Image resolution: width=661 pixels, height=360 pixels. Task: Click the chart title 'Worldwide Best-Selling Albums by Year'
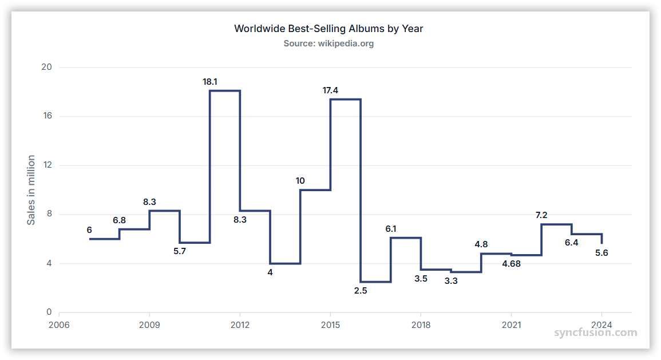tap(328, 29)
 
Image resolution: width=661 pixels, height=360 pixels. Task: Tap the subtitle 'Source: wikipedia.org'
tap(328, 43)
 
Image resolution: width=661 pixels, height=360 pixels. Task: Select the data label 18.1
tap(210, 82)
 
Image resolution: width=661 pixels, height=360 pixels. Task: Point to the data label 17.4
tap(330, 90)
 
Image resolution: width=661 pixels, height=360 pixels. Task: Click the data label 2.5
tap(361, 291)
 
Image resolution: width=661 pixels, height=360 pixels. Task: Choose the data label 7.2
tap(541, 215)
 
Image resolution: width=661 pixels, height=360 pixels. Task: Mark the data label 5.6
tap(601, 252)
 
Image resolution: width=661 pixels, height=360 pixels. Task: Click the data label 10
tap(300, 181)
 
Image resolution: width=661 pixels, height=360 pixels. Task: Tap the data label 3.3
tap(451, 281)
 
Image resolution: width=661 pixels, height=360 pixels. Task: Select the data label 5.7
tap(180, 251)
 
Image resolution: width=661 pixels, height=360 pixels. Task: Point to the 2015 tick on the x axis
tap(330, 325)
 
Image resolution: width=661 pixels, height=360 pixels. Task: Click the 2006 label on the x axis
tap(59, 325)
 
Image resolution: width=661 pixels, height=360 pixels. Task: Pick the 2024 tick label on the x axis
tap(601, 325)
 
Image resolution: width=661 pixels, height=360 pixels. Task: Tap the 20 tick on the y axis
tap(47, 67)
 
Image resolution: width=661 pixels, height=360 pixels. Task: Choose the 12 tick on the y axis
tap(47, 165)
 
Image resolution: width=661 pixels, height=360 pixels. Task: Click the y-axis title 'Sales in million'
tap(31, 190)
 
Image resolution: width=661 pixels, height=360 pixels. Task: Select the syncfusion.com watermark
tap(595, 333)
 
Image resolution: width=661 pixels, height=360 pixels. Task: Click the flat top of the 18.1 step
tap(225, 90)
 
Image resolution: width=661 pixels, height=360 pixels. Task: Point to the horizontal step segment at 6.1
tap(406, 238)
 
